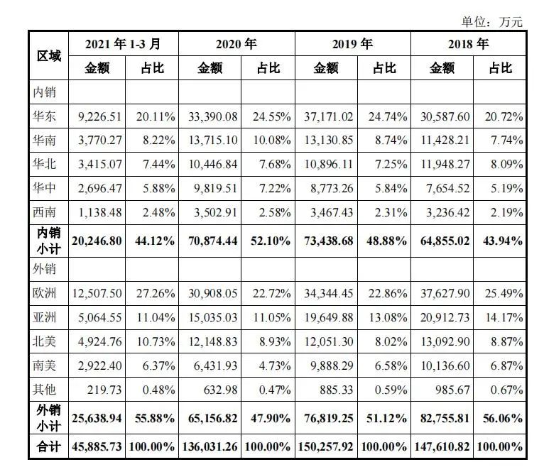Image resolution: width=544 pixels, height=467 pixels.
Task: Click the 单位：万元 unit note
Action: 492,22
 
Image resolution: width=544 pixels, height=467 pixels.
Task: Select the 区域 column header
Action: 48,55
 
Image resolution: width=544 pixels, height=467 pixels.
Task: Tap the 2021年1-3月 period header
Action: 123,44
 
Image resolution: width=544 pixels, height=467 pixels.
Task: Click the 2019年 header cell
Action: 352,44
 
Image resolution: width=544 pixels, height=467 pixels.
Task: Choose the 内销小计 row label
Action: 48,241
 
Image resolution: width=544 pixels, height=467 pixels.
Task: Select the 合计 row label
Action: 48,447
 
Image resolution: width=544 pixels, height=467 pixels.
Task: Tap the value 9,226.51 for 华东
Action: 97,116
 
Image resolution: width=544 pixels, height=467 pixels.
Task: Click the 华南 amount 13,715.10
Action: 210,141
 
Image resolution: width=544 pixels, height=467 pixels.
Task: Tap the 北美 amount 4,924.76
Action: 97,341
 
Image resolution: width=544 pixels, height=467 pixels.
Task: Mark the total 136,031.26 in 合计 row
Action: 208,447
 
